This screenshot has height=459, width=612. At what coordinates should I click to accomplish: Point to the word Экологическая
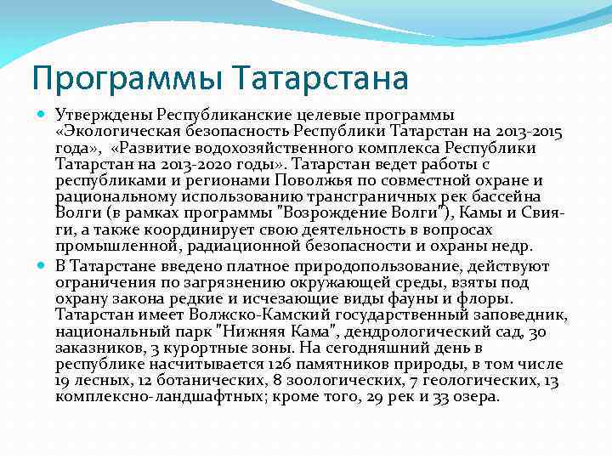coord(111,132)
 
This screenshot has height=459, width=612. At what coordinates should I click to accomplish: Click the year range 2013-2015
coord(528,132)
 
